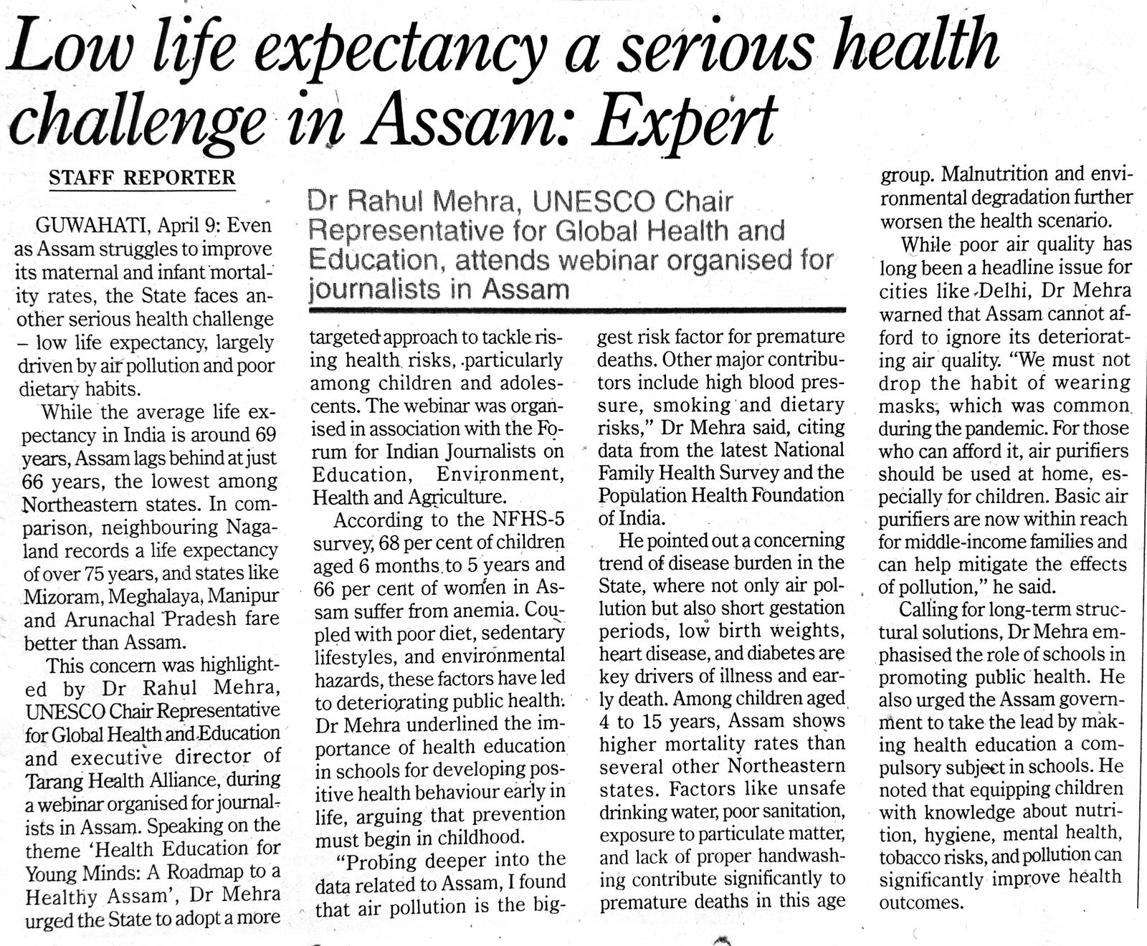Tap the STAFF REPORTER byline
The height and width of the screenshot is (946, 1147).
tap(142, 178)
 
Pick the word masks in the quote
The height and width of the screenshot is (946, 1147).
tap(908, 406)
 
